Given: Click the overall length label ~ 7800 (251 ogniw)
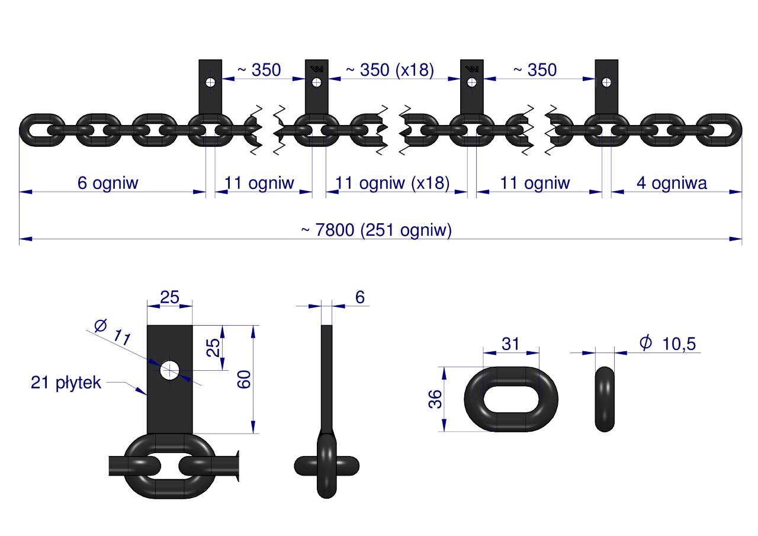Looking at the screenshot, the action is [376, 230].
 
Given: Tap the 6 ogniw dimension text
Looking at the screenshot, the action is [108, 183].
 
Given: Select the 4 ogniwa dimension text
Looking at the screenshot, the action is [672, 183].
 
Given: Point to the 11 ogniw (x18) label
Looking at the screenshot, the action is [392, 183].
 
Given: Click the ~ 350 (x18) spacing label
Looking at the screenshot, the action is [390, 70].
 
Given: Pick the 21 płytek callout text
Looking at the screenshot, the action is [66, 383].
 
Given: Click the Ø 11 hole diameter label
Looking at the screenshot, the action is [113, 332].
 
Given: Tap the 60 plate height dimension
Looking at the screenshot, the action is [244, 379].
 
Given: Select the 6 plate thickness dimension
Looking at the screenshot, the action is [359, 297].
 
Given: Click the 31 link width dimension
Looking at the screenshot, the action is [510, 344].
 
